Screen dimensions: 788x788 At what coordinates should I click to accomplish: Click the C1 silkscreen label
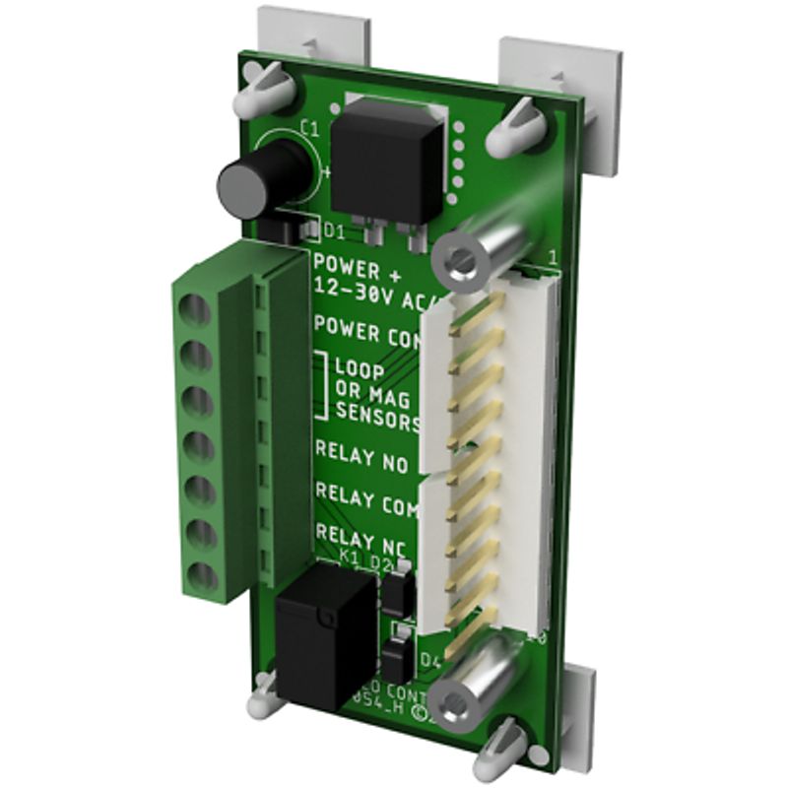309,128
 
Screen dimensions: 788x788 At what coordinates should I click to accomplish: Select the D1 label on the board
335,232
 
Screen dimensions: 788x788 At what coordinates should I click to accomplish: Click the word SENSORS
378,417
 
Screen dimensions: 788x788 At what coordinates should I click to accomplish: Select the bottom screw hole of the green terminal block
201,574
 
